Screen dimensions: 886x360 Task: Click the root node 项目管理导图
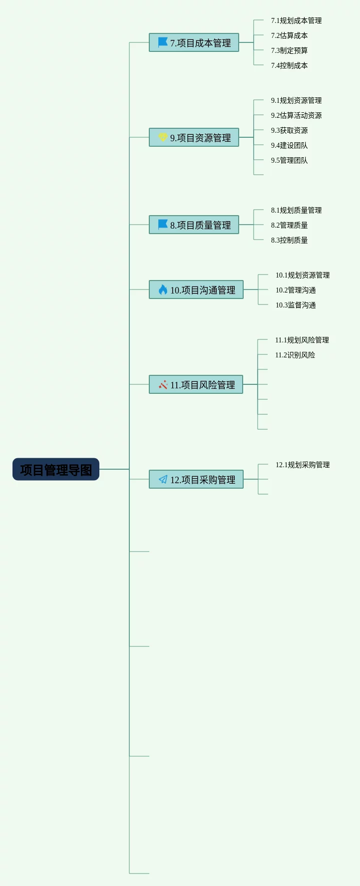(x=56, y=470)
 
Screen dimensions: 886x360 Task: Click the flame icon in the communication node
(x=163, y=290)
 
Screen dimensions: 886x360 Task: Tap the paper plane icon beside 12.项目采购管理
(x=163, y=479)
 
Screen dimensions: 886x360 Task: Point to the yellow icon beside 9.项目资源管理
(x=163, y=137)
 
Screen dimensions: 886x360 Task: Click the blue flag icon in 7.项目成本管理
(x=163, y=42)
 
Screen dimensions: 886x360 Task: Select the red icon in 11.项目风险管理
(x=163, y=384)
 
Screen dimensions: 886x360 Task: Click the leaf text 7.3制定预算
(x=289, y=50)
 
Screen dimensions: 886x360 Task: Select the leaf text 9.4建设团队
(x=289, y=145)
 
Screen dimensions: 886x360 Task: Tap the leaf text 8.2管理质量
(x=289, y=225)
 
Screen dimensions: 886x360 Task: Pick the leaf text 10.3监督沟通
(x=296, y=305)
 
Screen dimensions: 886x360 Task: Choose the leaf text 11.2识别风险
(x=295, y=355)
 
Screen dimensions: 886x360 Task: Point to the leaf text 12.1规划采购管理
(x=303, y=465)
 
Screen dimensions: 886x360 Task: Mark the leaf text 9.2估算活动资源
(x=296, y=115)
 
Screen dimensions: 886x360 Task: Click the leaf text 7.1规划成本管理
(x=296, y=20)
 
